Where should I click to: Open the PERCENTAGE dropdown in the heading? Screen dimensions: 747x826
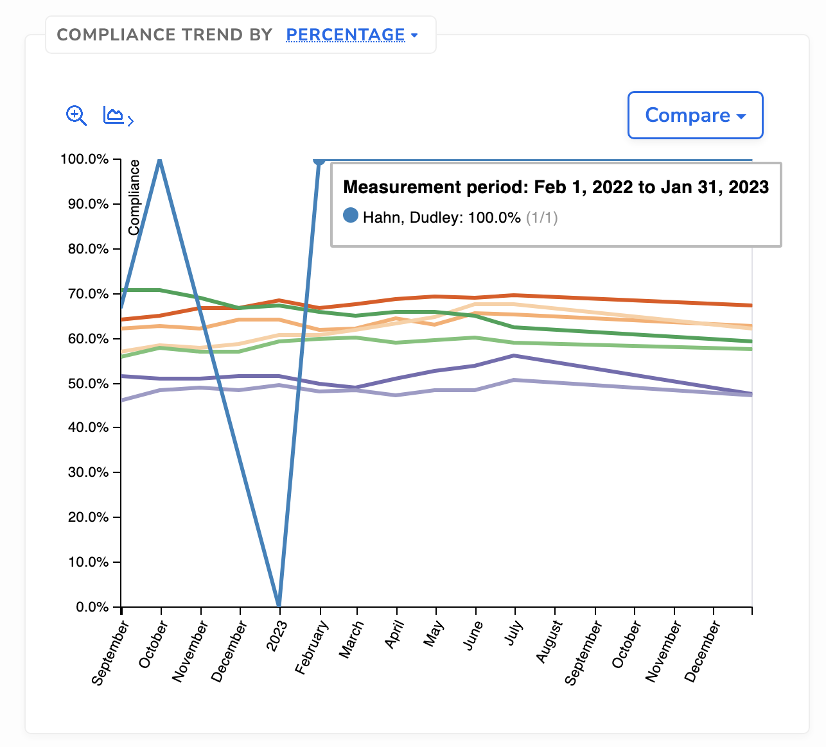351,35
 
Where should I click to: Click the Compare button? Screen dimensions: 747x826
695,116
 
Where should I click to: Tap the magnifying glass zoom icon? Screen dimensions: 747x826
76,116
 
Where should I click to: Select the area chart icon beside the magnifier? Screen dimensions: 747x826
118,116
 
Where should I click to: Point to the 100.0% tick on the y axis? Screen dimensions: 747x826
85,159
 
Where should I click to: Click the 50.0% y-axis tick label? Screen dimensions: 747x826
89,384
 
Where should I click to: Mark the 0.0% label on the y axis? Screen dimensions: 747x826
92,607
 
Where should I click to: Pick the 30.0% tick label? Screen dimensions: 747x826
89,472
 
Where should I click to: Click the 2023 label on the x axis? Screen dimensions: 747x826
277,637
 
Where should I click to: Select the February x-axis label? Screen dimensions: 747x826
312,648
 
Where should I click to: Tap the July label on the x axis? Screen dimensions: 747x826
514,635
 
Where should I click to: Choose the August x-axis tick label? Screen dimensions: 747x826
550,642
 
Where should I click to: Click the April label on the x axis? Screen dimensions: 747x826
394,635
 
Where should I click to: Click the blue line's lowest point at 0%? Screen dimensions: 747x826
279,605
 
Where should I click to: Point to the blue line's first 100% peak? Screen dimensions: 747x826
160,160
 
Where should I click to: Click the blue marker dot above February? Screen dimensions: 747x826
319,160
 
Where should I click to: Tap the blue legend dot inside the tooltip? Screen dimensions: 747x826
351,216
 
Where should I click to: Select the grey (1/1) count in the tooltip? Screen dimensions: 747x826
541,218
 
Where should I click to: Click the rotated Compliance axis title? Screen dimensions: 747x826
134,198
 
